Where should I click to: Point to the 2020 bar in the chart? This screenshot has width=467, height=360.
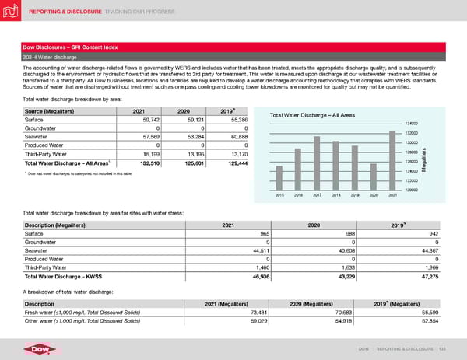click(x=373, y=177)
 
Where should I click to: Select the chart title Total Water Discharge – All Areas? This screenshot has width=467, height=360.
click(x=312, y=115)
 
